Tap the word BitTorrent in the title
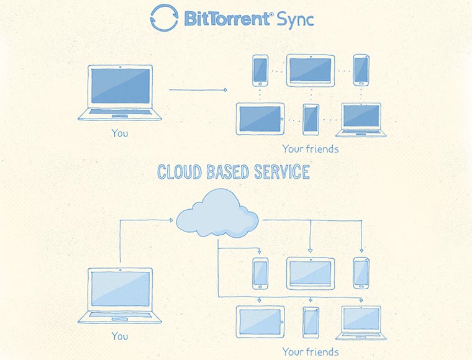pyautogui.click(x=226, y=19)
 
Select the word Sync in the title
pyautogui.click(x=294, y=19)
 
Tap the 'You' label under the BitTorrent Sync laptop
pyautogui.click(x=120, y=132)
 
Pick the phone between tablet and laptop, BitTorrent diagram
pyautogui.click(x=311, y=119)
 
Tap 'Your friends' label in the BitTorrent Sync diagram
pyautogui.click(x=311, y=149)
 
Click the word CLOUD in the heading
pyautogui.click(x=183, y=172)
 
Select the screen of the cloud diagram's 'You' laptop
pyautogui.click(x=120, y=289)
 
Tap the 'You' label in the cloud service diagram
pyautogui.click(x=120, y=336)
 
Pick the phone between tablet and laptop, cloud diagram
pyautogui.click(x=311, y=322)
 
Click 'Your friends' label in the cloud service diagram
pyautogui.click(x=311, y=352)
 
